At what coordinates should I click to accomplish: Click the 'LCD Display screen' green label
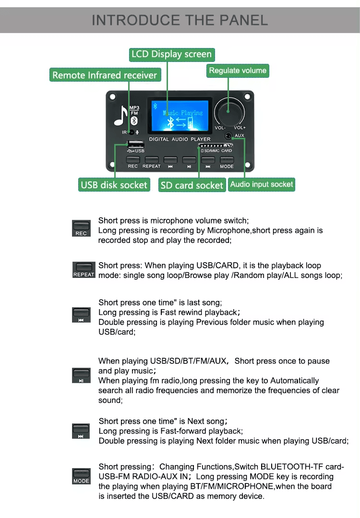[172, 55]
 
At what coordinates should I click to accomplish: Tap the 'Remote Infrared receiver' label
[105, 75]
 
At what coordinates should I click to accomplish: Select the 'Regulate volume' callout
[238, 71]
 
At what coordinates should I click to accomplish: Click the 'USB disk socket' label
[114, 185]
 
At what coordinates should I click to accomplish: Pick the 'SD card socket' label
[192, 185]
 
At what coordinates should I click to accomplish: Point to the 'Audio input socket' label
[262, 184]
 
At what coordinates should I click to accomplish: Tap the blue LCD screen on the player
[180, 116]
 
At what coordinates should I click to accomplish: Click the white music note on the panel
[121, 116]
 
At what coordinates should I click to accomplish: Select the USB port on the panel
[136, 144]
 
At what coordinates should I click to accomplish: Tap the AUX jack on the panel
[228, 135]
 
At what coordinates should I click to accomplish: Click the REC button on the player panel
[133, 160]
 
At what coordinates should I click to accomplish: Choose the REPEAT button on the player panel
[152, 160]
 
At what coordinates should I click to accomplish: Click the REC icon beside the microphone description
[81, 229]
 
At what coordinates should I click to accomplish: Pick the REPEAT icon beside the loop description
[84, 270]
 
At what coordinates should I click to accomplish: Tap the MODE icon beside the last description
[81, 476]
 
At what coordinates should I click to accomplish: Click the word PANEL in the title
[244, 20]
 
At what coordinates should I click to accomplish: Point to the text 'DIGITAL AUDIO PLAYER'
[180, 139]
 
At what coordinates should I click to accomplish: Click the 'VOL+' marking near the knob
[240, 128]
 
